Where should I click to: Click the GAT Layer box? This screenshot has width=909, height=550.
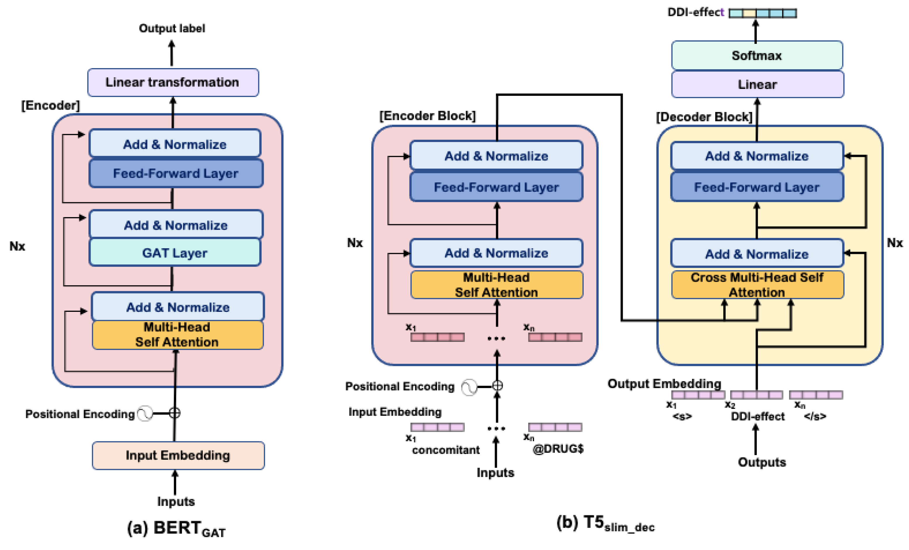[175, 253]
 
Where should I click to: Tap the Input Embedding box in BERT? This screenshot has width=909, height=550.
[178, 455]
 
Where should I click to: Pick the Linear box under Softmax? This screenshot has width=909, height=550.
[757, 84]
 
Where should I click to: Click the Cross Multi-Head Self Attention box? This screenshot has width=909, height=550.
[757, 285]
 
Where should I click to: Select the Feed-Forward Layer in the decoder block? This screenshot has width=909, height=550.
[757, 187]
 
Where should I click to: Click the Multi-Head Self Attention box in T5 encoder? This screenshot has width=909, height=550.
[496, 285]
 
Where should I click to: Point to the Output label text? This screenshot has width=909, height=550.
[172, 28]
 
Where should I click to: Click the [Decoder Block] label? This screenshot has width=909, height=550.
[704, 117]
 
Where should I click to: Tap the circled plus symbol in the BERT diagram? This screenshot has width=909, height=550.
[174, 413]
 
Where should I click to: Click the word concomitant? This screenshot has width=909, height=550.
[446, 450]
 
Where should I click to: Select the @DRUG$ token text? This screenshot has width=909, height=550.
[558, 449]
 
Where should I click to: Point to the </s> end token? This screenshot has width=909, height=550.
[815, 416]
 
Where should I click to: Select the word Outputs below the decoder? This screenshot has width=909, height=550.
[762, 462]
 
